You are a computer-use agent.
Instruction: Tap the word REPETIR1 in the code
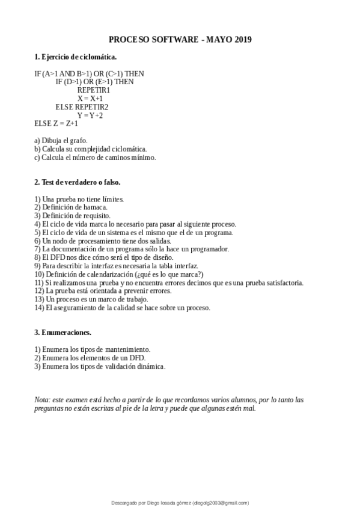point(93,90)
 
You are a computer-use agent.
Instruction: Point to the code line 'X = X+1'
point(90,99)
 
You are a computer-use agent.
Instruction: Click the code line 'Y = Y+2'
point(90,115)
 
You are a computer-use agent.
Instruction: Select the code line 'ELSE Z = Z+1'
point(56,124)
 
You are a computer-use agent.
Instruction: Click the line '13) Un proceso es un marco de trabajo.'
point(90,299)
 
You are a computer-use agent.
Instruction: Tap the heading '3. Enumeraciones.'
point(63,332)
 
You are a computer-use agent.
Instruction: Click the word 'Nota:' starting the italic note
point(42,399)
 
